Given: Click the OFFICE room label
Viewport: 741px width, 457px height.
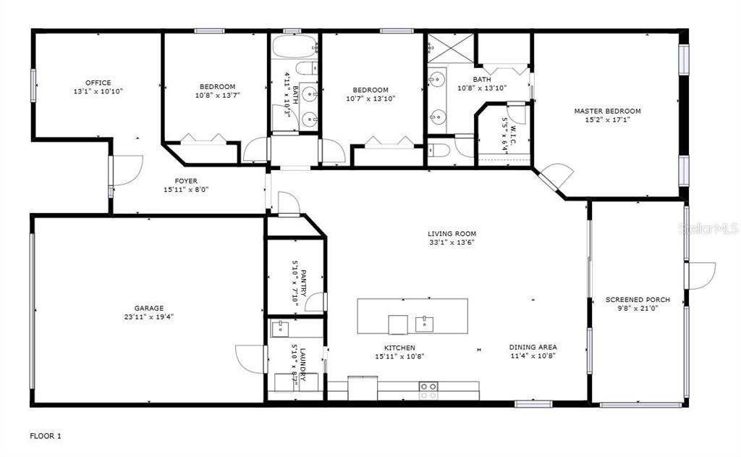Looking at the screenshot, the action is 98,83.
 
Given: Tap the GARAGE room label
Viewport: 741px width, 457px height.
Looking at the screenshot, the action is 149,308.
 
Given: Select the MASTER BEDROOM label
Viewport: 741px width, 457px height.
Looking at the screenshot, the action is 607,112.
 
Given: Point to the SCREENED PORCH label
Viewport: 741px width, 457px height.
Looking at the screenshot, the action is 638,299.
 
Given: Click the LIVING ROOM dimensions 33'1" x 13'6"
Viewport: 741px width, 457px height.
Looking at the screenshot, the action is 452,242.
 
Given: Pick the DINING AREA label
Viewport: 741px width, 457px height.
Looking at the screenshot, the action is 533,347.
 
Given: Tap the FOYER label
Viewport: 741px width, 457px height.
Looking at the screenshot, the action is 186,181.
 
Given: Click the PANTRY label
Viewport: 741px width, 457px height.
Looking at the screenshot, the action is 303,283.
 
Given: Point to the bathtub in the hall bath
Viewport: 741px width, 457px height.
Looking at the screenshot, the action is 295,46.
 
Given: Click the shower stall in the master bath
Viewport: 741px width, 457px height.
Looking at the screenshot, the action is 450,49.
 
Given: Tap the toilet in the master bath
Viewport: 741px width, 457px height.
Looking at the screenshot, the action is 438,151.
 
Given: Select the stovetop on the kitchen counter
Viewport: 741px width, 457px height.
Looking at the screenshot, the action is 428,390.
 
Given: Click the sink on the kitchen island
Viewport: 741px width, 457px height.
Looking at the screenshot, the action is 425,324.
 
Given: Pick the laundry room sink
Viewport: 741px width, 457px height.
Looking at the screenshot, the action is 280,328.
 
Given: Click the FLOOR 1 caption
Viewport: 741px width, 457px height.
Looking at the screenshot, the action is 46,436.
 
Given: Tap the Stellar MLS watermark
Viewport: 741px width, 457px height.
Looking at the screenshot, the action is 708,229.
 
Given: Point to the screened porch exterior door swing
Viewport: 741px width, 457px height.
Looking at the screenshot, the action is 702,276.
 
